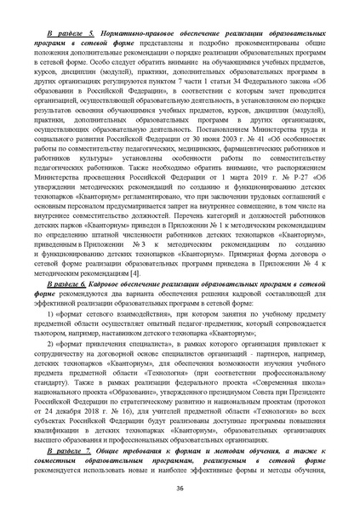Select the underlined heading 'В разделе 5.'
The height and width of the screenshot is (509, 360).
[x=71, y=30]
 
